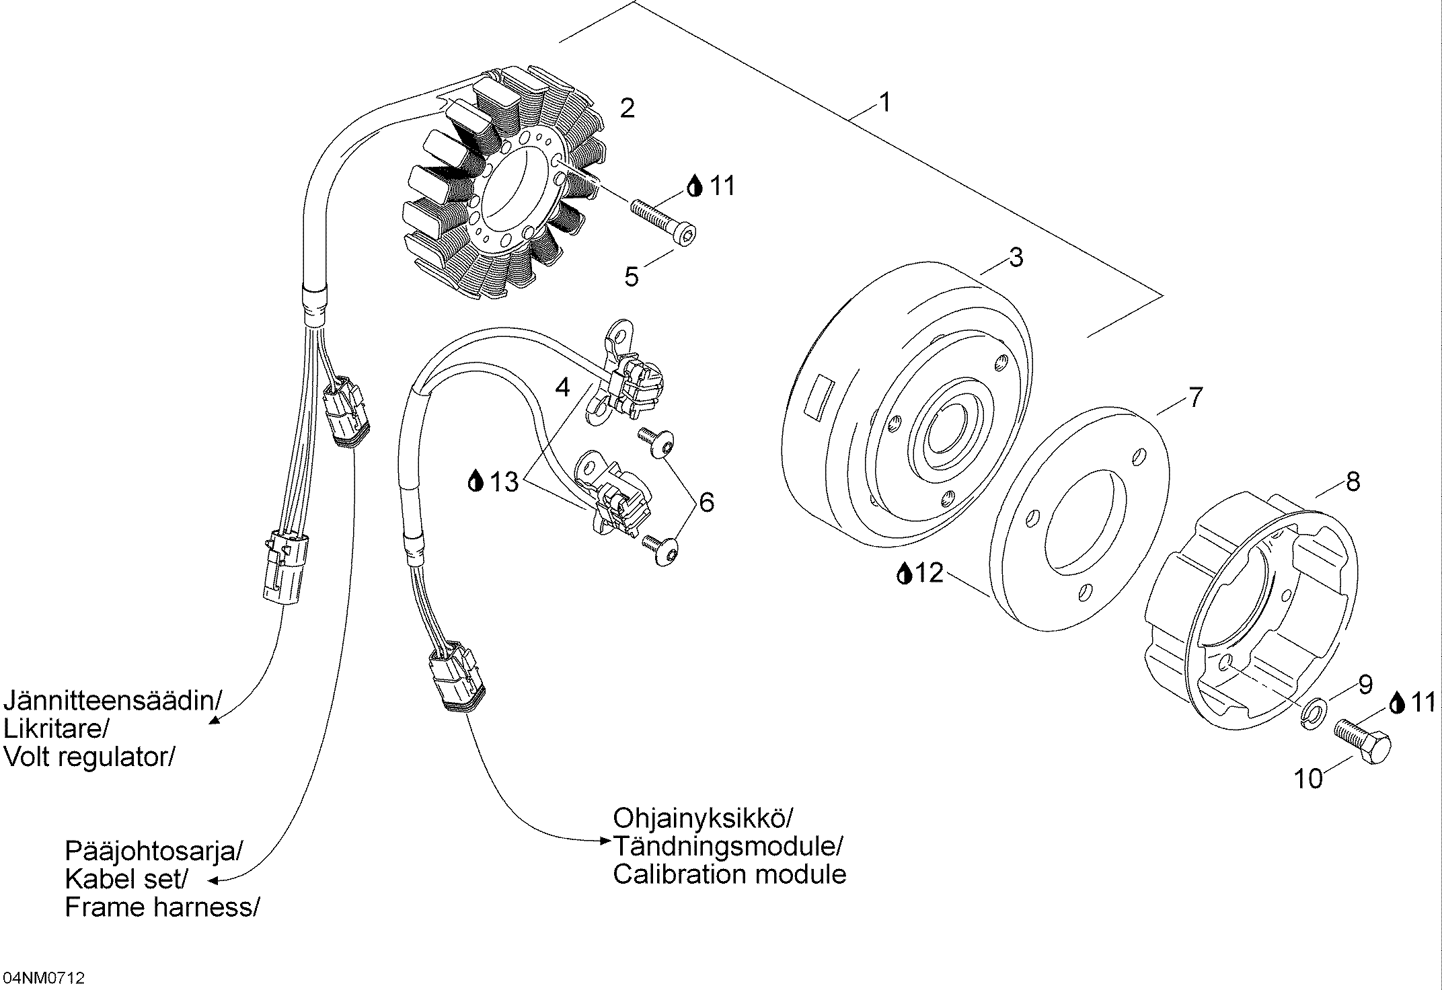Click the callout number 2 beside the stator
tap(627, 108)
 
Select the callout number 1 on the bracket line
tap(885, 103)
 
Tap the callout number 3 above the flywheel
tap(1016, 257)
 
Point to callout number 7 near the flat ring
tap(1194, 397)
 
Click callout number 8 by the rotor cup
tap(1353, 482)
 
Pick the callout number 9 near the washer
tap(1365, 685)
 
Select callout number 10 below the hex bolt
tap(1308, 779)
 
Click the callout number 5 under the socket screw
tap(631, 276)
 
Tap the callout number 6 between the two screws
tap(706, 502)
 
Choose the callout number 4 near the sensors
tap(562, 387)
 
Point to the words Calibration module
tap(729, 874)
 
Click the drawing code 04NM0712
tap(43, 977)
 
